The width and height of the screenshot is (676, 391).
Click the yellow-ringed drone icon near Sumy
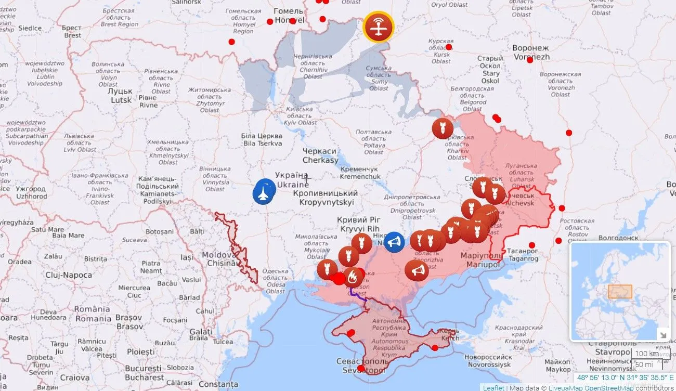pyautogui.click(x=378, y=27)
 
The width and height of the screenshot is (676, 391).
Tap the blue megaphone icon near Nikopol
pyautogui.click(x=394, y=242)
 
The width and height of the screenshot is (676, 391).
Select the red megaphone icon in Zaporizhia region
pyautogui.click(x=417, y=270)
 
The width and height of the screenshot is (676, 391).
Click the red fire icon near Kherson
pyautogui.click(x=353, y=277)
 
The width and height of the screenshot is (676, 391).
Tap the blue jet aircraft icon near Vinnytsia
pyautogui.click(x=264, y=192)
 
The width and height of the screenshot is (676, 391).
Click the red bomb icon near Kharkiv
pyautogui.click(x=442, y=128)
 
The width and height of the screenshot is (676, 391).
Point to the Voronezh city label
pyautogui.click(x=530, y=52)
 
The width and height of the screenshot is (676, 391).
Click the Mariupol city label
pyautogui.click(x=482, y=260)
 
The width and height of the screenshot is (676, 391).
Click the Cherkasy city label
pyautogui.click(x=320, y=155)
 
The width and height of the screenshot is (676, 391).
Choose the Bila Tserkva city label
pyautogui.click(x=262, y=139)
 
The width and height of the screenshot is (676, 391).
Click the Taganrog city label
pyautogui.click(x=523, y=255)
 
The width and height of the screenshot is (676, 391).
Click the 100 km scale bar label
pyautogui.click(x=647, y=354)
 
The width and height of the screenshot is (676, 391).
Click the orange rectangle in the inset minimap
pyautogui.click(x=620, y=291)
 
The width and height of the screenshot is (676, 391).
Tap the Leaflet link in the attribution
pyautogui.click(x=493, y=387)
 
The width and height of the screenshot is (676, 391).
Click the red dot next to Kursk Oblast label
pyautogui.click(x=449, y=47)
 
